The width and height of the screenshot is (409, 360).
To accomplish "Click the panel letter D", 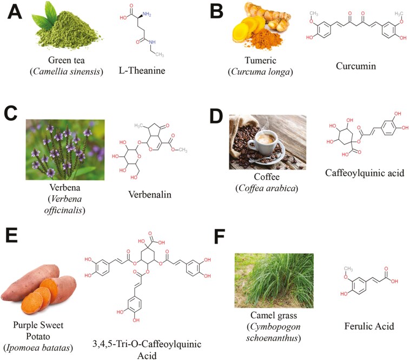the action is (x=216, y=117).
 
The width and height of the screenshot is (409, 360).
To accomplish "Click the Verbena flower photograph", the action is (x=65, y=143).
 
